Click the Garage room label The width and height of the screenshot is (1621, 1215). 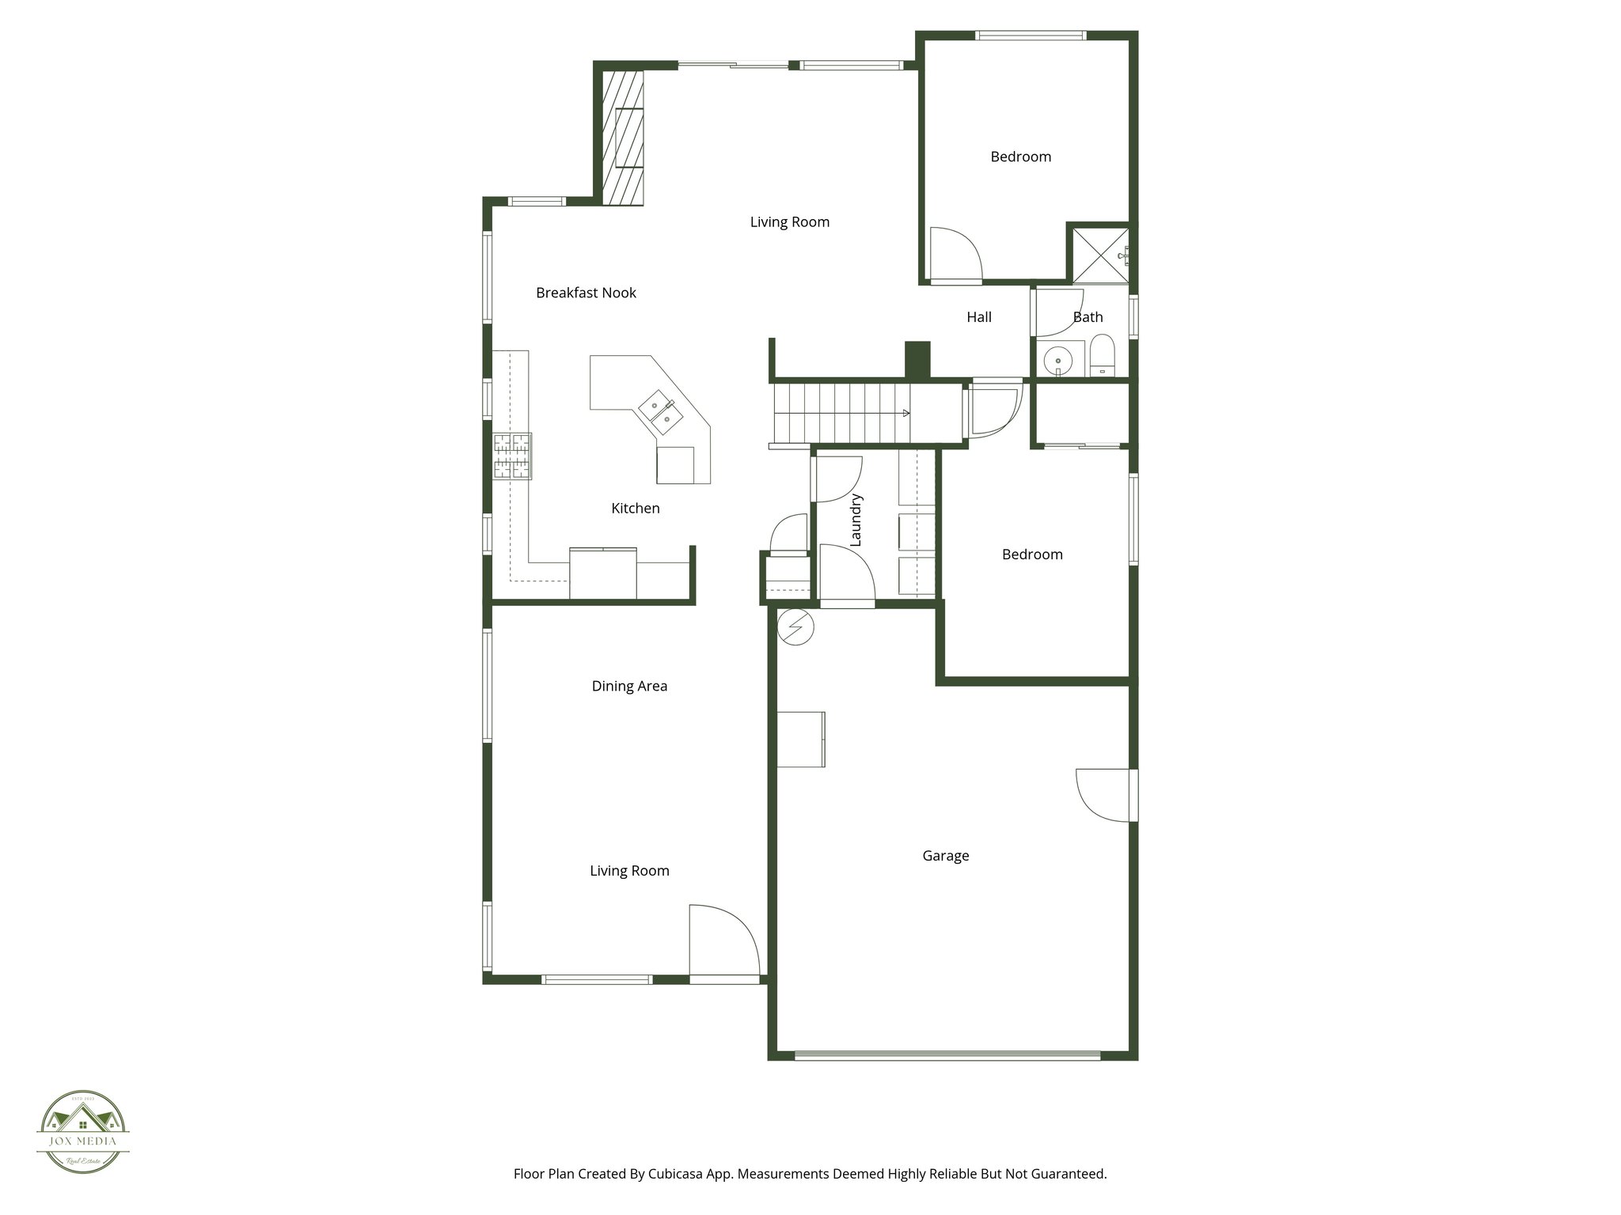coord(945,856)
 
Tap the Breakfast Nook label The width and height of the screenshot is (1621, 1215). coord(586,293)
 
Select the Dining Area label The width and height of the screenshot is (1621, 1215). coord(629,686)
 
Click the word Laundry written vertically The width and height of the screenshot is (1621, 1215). coord(855,520)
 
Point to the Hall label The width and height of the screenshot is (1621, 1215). coord(978,317)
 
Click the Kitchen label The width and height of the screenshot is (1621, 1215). coord(635,509)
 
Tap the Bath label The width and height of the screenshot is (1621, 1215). coord(1088,317)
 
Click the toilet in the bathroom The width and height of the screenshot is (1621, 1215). coord(1102,357)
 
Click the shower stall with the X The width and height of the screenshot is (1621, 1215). coord(1099,255)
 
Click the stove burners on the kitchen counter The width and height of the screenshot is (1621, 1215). coord(512,456)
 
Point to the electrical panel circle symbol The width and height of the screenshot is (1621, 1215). coord(795,627)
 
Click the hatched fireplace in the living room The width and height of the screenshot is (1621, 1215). coord(622,138)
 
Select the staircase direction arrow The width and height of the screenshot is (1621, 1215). coord(905,413)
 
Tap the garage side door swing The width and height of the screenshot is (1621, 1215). coord(1105,795)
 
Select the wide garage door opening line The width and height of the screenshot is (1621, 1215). coord(947,1054)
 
